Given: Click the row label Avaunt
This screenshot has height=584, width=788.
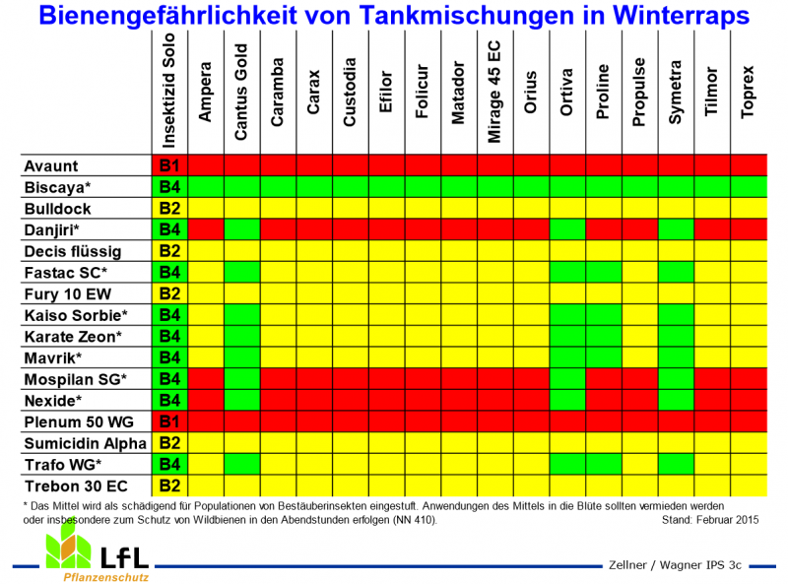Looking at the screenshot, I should coord(53,165).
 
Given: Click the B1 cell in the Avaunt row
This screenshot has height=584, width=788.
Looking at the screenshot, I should coord(168,165).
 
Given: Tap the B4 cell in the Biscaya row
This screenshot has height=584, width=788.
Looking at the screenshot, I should coord(168,187).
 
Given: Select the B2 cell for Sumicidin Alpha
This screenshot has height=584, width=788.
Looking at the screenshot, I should coord(168,443).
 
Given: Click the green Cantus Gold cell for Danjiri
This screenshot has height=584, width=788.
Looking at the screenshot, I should coord(241,229).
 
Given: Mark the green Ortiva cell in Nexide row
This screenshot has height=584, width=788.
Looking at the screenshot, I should coord(566,400).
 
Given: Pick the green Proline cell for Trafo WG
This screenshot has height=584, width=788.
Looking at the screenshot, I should coord(603,464).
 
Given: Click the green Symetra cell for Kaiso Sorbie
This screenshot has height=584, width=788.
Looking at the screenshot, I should coord(675,315).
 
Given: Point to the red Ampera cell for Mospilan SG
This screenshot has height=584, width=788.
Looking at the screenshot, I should coord(205,378).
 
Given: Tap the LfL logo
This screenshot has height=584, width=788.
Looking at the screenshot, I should coord(98,553).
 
